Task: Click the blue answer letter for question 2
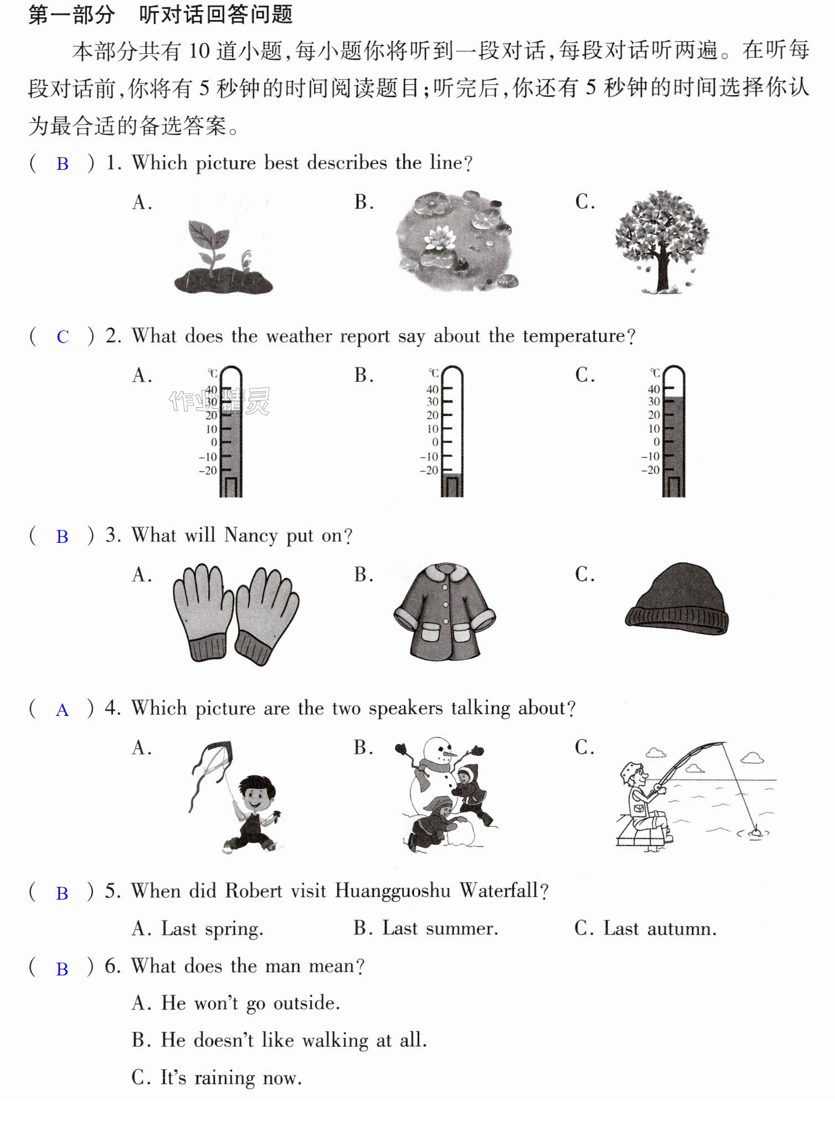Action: pos(63,336)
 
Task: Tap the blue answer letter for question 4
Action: pos(62,710)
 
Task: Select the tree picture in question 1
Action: pos(662,242)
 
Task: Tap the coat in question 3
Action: pos(445,611)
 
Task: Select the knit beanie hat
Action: pos(677,599)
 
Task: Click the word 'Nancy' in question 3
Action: pos(251,536)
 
